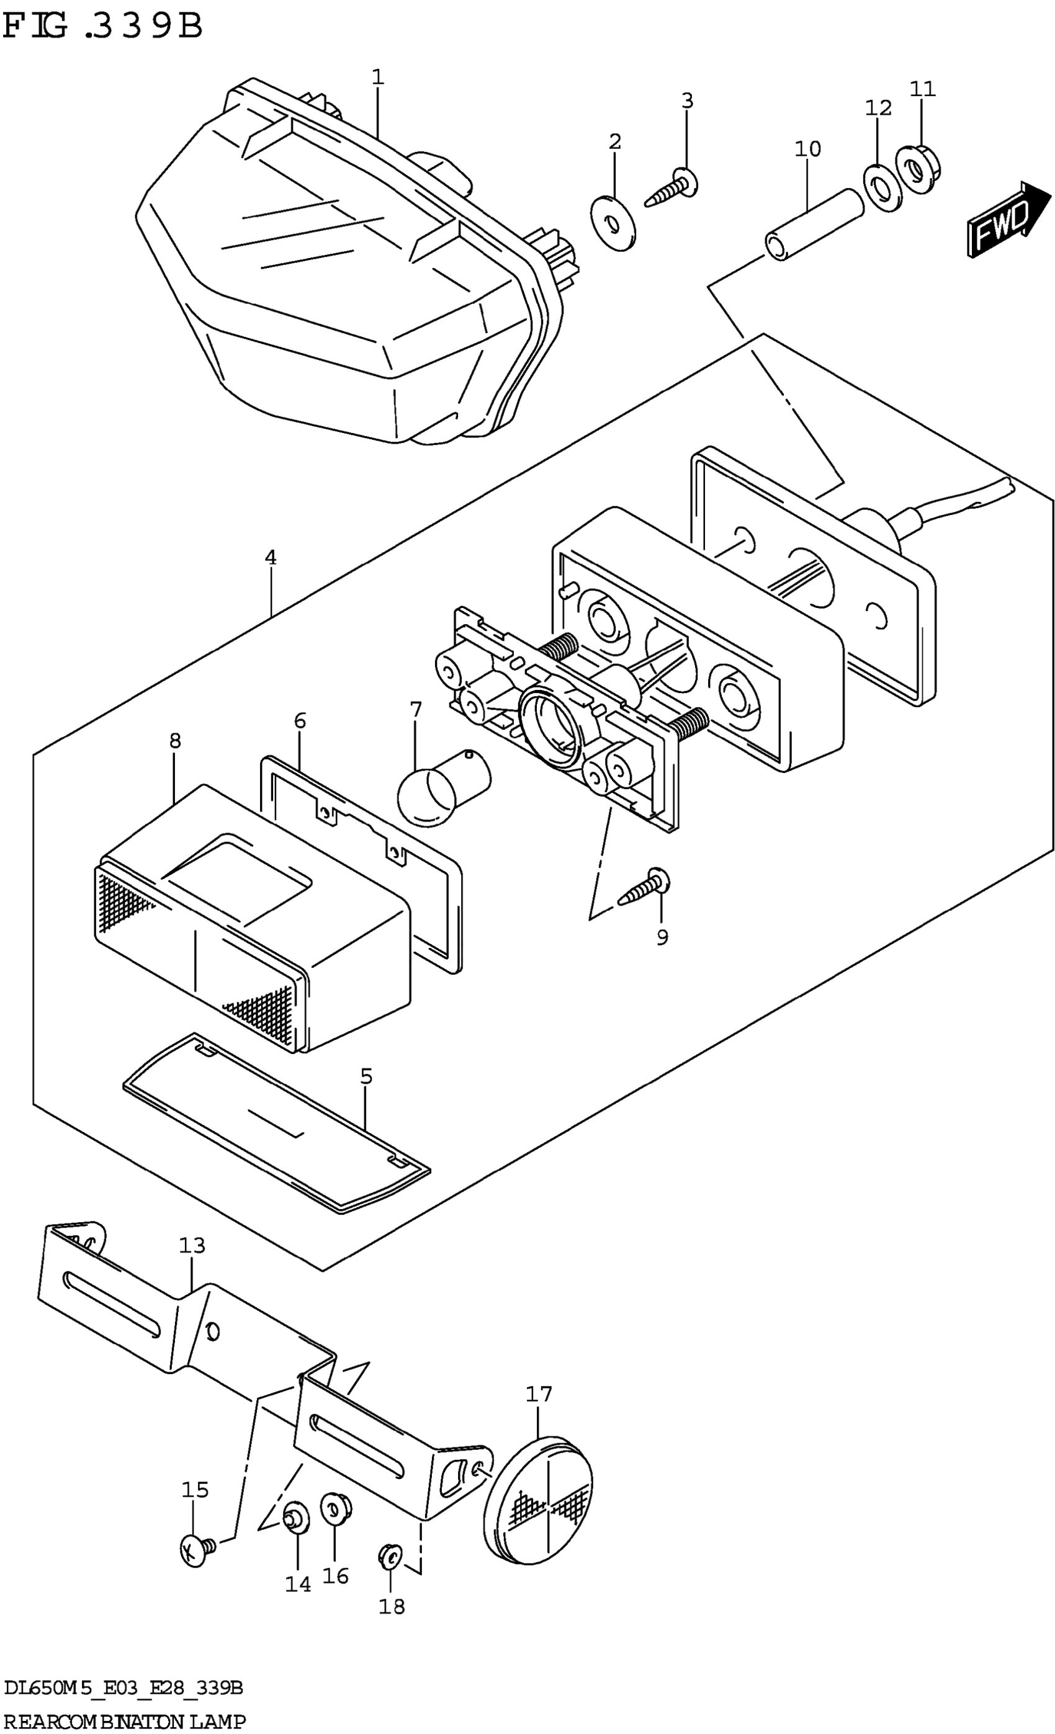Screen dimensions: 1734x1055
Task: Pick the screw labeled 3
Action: [x=672, y=187]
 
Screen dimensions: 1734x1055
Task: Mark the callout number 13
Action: [x=191, y=1245]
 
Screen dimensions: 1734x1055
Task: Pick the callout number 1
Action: [x=378, y=77]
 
